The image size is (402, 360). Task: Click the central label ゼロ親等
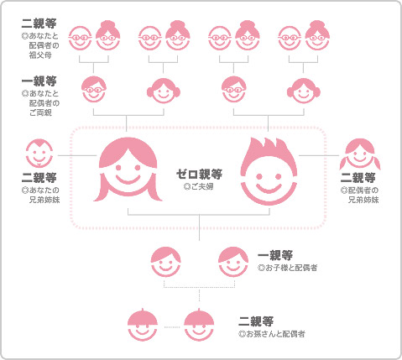click(199, 175)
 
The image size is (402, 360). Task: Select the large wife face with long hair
click(128, 170)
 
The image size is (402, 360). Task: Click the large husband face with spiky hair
click(269, 171)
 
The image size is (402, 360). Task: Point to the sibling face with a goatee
click(39, 154)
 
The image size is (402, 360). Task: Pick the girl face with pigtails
click(360, 154)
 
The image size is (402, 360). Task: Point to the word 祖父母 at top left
click(40, 55)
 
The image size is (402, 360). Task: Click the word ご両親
click(40, 113)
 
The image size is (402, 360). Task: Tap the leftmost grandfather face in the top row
click(80, 38)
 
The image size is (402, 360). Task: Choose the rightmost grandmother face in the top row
click(317, 35)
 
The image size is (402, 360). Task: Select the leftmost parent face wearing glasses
click(94, 89)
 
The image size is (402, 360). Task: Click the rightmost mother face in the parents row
click(304, 91)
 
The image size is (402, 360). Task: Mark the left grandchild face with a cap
click(143, 325)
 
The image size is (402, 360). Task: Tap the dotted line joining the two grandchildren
click(170, 326)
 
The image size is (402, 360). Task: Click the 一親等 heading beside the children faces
click(275, 255)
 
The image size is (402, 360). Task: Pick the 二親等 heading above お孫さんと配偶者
click(256, 321)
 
